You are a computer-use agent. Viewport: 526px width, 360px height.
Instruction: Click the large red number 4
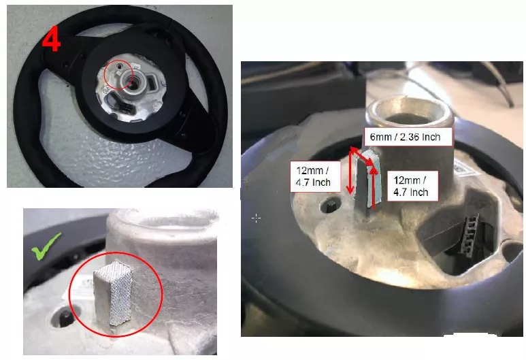tap(51, 39)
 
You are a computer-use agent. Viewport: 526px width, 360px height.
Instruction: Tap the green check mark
tap(46, 246)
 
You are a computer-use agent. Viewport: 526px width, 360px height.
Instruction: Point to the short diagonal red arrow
tap(362, 156)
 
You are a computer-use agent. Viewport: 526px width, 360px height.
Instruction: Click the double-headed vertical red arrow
tap(351, 171)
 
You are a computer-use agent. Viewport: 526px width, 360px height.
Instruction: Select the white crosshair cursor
tap(257, 218)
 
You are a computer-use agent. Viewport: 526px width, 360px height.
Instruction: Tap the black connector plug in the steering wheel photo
tap(126, 108)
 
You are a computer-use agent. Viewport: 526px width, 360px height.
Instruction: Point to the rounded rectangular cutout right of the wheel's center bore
tap(153, 82)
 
